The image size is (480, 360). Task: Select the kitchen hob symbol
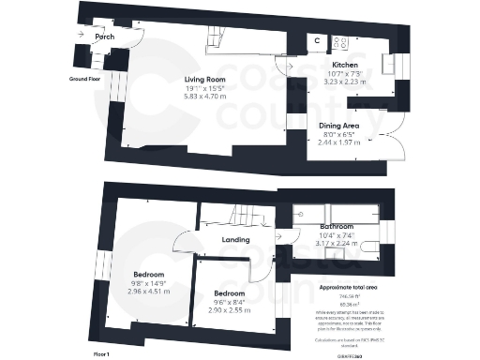[x=338, y=41]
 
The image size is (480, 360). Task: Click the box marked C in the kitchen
[x=316, y=40]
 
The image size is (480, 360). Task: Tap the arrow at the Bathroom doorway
[x=278, y=238]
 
